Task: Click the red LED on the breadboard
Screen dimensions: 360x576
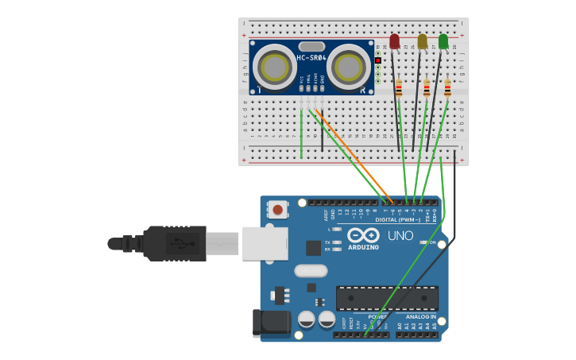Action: coord(395,41)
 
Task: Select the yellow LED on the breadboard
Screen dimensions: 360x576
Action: coord(422,41)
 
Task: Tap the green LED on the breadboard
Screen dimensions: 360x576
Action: coord(443,41)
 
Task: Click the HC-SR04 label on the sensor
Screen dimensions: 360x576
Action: coord(311,58)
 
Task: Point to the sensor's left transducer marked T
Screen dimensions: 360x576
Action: coord(275,67)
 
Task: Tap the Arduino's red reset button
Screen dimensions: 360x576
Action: coord(277,210)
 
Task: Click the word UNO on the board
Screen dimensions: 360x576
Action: coord(400,235)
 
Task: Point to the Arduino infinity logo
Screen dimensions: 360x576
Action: coord(362,235)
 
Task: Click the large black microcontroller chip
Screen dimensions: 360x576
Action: coord(387,298)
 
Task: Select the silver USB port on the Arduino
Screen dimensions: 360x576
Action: coord(265,243)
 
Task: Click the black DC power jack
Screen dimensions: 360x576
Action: coord(270,323)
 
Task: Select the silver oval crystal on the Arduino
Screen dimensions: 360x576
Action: coord(311,271)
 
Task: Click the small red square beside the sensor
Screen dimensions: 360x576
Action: coord(378,60)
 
